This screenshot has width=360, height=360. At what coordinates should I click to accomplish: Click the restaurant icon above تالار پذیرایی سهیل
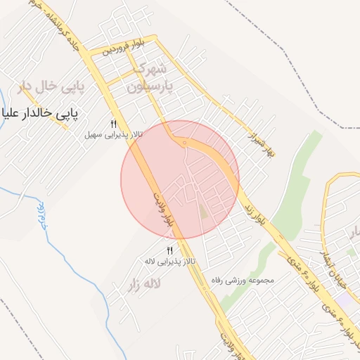tap(112, 124)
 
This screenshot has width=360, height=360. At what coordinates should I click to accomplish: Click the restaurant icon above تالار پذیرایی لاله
tap(169, 251)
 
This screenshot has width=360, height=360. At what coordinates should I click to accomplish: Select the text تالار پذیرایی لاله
tap(169, 261)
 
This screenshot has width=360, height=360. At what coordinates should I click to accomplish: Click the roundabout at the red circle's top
tap(184, 143)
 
